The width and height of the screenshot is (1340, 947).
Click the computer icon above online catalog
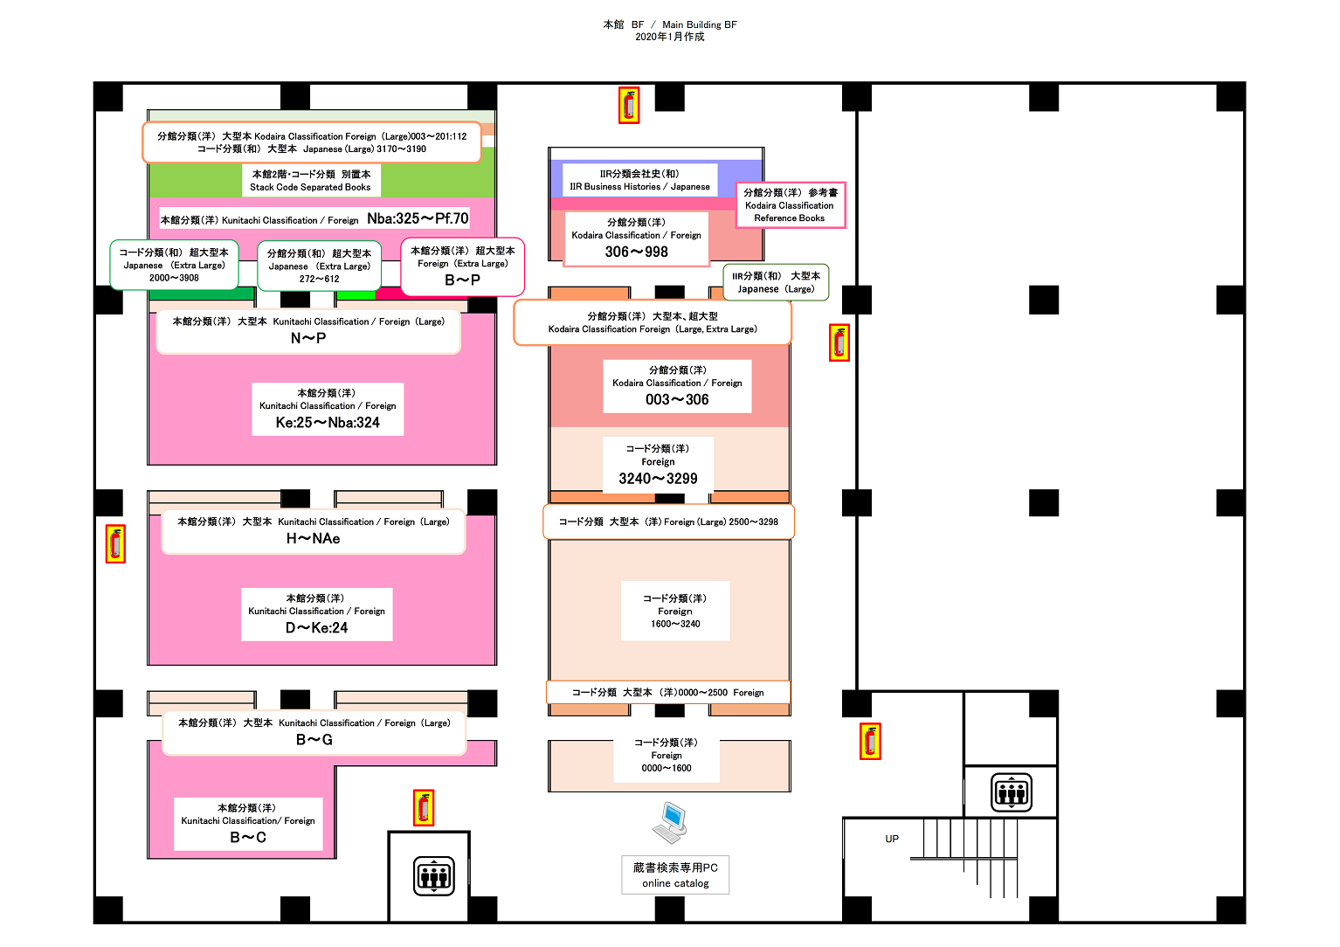[670, 823]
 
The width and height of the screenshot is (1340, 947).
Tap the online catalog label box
[675, 874]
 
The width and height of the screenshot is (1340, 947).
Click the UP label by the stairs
[892, 839]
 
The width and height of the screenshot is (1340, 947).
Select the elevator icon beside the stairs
[1012, 792]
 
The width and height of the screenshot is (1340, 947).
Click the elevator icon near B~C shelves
[433, 876]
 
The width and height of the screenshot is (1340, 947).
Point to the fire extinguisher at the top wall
[629, 106]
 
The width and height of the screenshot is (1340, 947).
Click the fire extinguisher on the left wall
[115, 543]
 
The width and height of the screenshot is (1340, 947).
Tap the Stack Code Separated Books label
[310, 180]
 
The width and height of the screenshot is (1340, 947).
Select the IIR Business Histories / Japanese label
[639, 179]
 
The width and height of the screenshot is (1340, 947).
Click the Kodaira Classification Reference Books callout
[790, 204]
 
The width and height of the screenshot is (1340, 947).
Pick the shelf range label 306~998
[636, 252]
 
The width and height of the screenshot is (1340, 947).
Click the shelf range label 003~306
[677, 399]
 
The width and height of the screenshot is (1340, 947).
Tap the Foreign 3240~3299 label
[658, 465]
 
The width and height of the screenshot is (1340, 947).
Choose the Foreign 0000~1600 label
[667, 755]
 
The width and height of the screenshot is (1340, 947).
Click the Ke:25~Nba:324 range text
[328, 422]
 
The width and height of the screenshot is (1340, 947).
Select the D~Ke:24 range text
[316, 627]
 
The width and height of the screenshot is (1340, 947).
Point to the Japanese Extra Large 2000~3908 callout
[174, 265]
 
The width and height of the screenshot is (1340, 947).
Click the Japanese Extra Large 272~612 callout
[320, 266]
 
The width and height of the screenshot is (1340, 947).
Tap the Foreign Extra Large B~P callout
[462, 266]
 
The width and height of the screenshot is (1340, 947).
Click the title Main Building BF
[700, 24]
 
